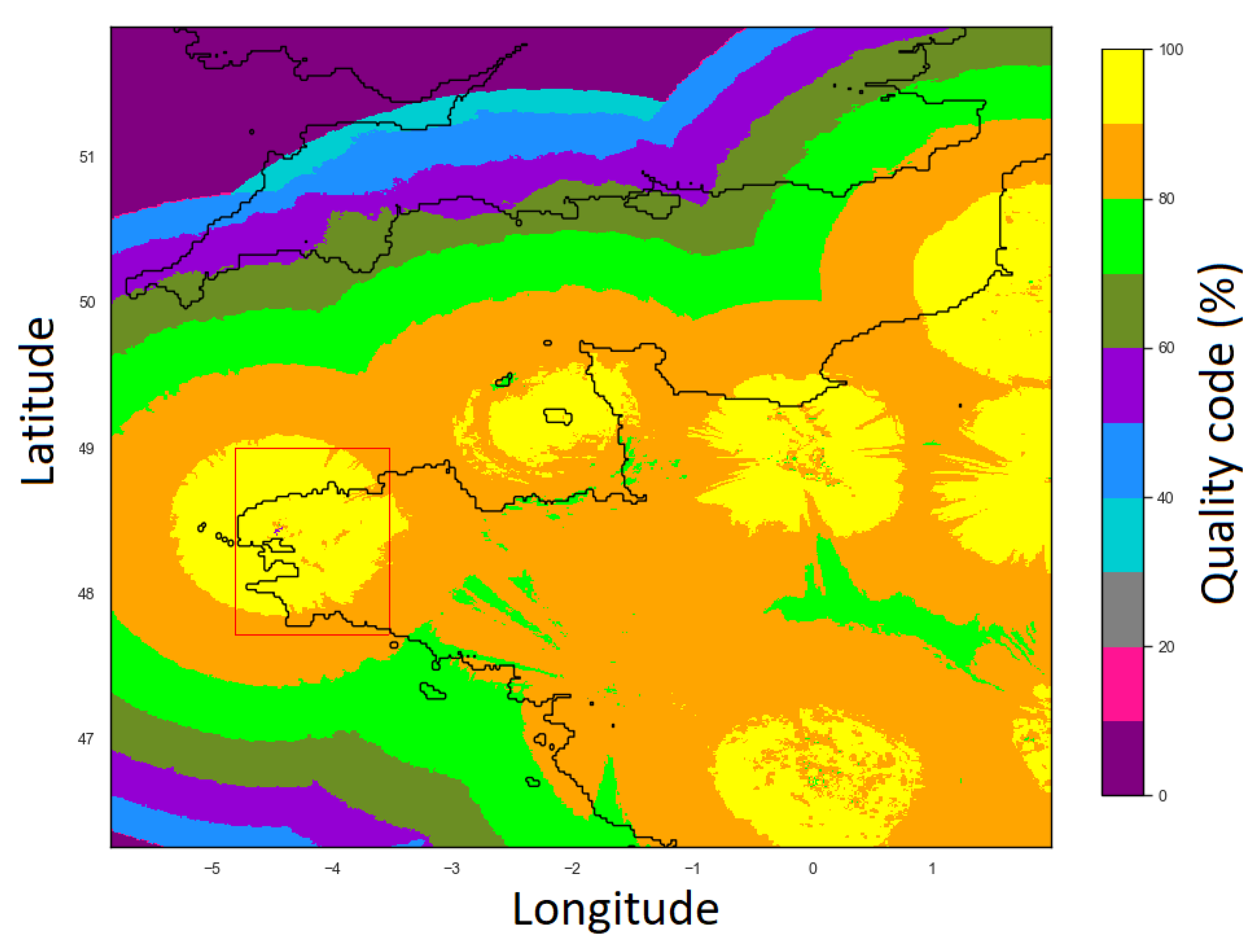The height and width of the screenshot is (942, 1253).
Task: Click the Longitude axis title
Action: click(x=615, y=909)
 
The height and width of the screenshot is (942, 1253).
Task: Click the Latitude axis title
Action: click(x=38, y=401)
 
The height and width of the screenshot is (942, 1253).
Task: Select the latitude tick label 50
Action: click(x=87, y=302)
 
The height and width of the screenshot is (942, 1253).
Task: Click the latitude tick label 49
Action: click(x=87, y=449)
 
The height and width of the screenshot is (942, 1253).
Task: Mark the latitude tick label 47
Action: click(x=87, y=739)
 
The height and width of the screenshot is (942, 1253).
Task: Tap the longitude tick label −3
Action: click(x=451, y=868)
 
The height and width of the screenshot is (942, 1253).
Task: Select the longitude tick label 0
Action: click(x=813, y=868)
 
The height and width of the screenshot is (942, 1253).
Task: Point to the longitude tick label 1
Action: click(x=932, y=868)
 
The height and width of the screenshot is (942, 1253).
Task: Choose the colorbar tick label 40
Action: click(x=1166, y=498)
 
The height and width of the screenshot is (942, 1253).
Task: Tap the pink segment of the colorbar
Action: click(x=1123, y=684)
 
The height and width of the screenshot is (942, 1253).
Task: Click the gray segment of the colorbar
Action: click(x=1123, y=609)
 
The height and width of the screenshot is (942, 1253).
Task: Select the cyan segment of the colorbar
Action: click(x=1123, y=535)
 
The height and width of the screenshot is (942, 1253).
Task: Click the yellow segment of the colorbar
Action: click(x=1123, y=87)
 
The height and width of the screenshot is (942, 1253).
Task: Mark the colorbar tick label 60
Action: click(x=1166, y=348)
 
